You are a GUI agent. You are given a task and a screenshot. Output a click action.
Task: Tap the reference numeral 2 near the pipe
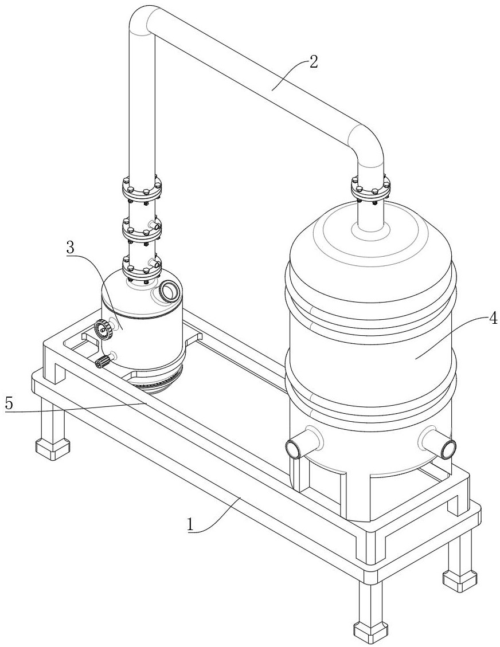tap(314, 62)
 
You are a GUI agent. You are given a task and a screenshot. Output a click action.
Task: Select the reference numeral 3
tap(70, 248)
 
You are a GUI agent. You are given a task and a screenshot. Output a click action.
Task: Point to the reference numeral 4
tap(493, 319)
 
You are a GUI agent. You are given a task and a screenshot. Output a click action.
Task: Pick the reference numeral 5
tap(9, 403)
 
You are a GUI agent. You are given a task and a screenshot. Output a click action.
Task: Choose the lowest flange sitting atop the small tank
tap(142, 268)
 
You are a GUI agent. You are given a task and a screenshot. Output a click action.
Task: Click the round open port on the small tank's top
tap(169, 291)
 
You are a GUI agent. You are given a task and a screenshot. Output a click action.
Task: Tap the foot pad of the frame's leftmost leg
tap(53, 449)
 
